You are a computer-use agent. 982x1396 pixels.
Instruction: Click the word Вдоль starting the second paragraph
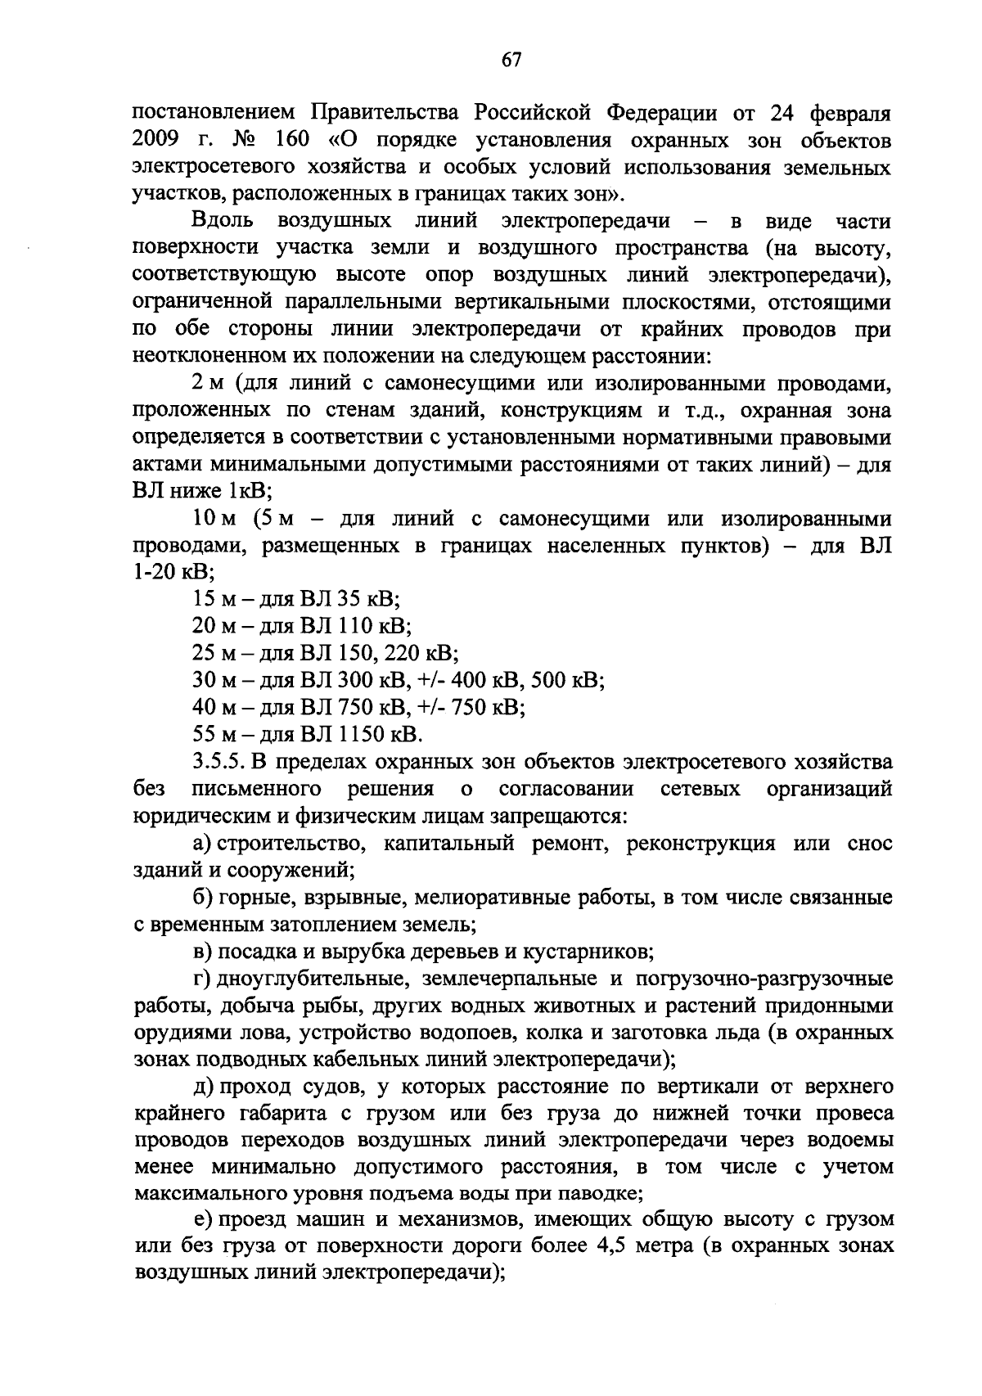(224, 221)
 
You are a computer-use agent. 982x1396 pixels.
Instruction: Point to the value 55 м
(209, 734)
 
